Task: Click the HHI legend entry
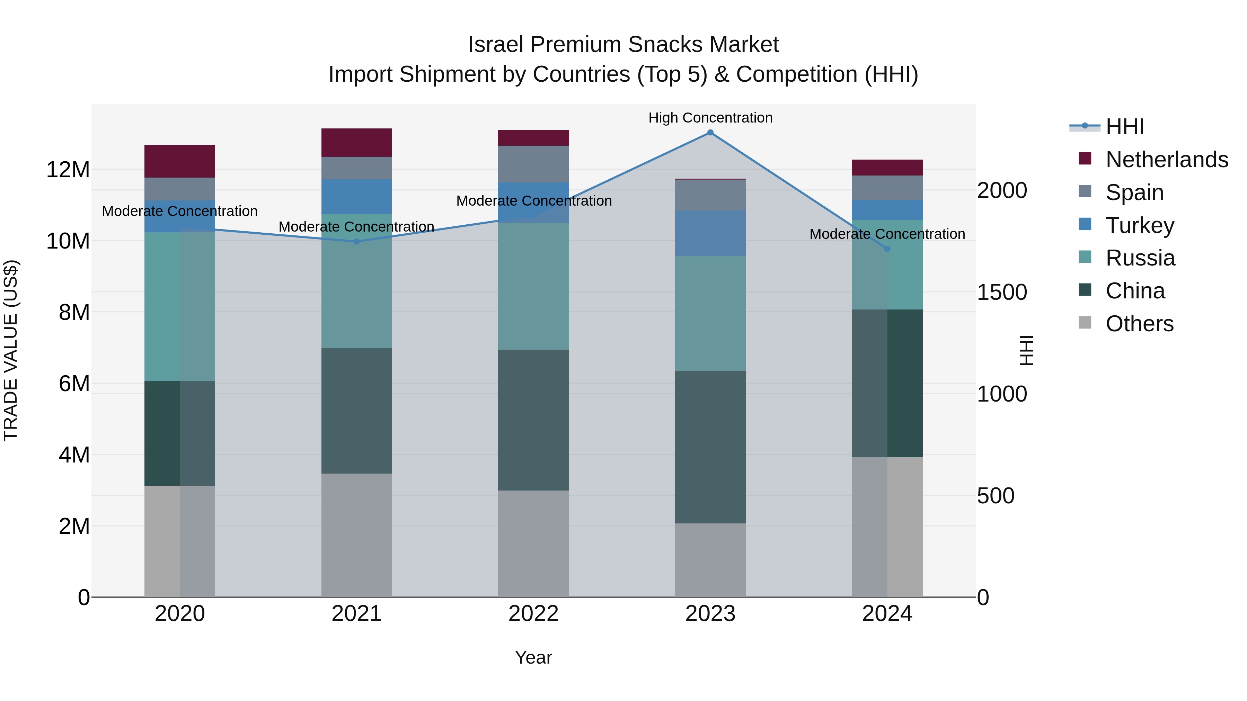click(1124, 127)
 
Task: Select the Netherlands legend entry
click(1166, 160)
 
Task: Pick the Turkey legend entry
click(1140, 225)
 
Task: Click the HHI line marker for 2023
click(710, 133)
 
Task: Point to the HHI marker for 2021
click(357, 241)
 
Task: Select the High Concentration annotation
click(710, 118)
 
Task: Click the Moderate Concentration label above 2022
click(533, 201)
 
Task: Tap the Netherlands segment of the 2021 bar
click(357, 143)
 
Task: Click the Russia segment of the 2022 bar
click(533, 286)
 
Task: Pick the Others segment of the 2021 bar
click(357, 535)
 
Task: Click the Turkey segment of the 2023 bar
click(710, 233)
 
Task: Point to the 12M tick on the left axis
click(68, 170)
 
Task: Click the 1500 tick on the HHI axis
click(1001, 292)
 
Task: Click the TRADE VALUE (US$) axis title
click(11, 350)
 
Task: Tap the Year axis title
click(533, 657)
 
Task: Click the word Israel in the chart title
click(496, 45)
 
